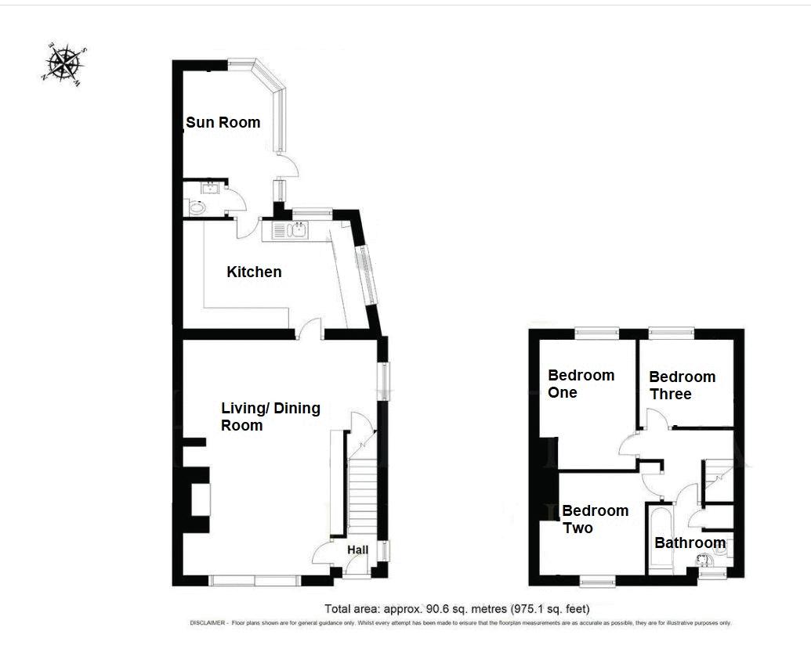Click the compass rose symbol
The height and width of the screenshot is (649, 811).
click(63, 63)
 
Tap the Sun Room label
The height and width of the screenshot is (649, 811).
click(223, 122)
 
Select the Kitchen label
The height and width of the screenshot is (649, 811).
click(254, 272)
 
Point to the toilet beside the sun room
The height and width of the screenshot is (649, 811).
click(197, 208)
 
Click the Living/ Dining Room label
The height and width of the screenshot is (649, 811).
click(270, 416)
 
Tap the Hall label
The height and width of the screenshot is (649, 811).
click(357, 550)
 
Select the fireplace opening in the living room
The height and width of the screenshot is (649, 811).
click(201, 499)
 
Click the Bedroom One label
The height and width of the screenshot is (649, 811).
click(581, 384)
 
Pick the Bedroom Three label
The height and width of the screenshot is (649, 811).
click(682, 385)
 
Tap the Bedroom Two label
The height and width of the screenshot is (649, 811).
click(596, 519)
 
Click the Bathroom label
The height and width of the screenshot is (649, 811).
click(690, 543)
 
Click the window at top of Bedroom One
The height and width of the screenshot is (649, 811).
click(597, 334)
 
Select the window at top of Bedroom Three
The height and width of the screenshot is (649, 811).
click(672, 334)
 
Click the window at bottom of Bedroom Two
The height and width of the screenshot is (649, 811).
click(597, 582)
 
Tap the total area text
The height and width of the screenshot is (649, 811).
click(458, 609)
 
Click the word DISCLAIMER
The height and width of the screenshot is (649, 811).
click(208, 623)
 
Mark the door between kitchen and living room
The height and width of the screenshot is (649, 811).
click(309, 330)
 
